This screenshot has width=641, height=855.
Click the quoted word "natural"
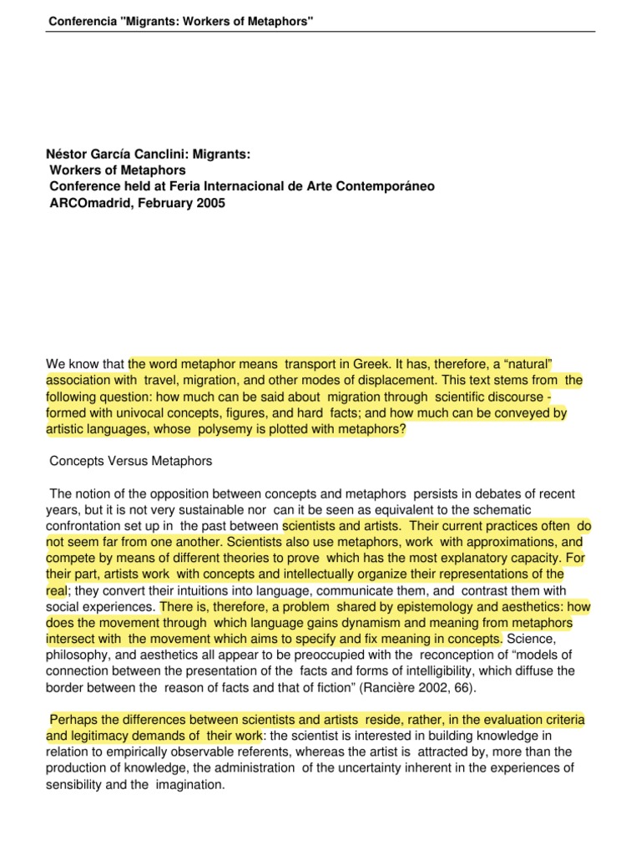527,363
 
